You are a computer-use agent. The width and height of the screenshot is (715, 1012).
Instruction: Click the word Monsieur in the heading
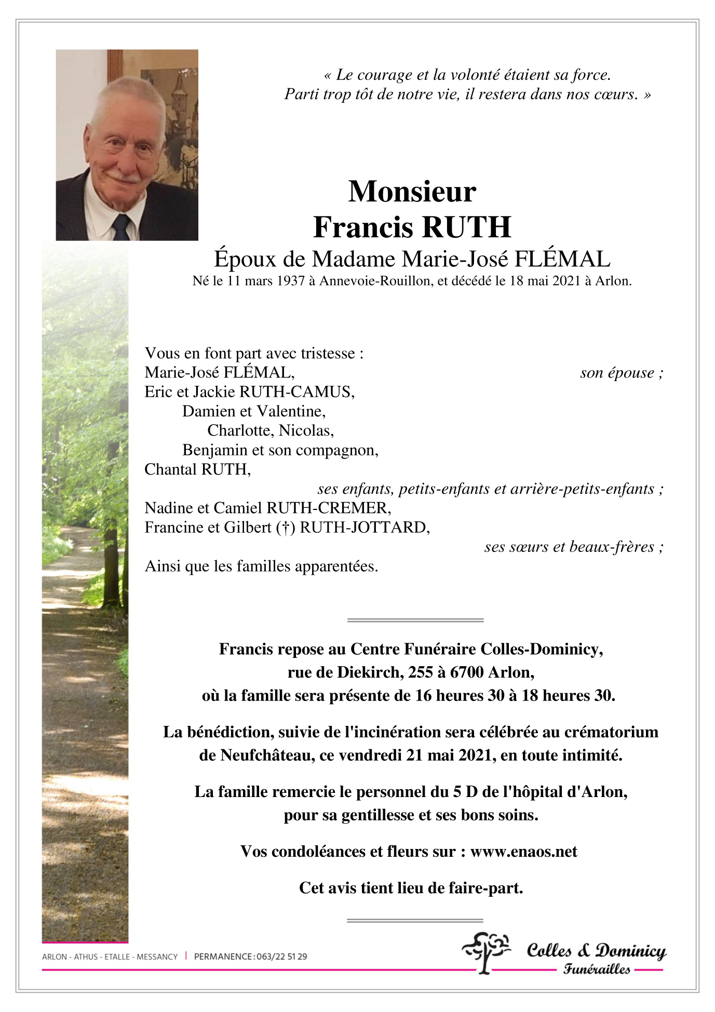coord(412,192)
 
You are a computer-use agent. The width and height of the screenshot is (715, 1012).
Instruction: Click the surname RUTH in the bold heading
coord(467,227)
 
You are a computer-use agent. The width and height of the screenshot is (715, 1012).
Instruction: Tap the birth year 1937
coord(290,281)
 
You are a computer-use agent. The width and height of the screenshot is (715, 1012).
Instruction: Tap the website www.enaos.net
coord(523,852)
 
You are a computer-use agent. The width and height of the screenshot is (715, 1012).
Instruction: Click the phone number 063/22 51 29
coord(281,956)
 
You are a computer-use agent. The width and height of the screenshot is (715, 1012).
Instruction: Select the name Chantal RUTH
coord(197,469)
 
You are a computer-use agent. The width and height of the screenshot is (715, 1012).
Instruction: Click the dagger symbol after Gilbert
coord(285,528)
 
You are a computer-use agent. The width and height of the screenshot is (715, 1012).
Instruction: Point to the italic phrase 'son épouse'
coord(617,373)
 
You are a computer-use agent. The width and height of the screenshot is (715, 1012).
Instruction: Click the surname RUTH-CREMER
coord(328,508)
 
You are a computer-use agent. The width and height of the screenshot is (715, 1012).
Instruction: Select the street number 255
coord(420,672)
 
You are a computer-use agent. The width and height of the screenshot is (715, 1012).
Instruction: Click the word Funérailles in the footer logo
coord(597,969)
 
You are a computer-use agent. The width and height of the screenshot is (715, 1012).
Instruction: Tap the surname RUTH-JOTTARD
coord(365,528)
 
